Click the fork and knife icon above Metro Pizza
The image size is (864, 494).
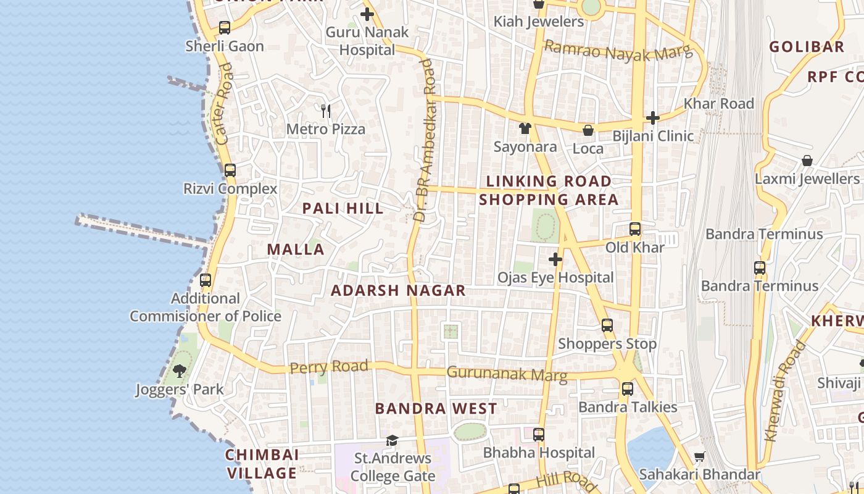click(326, 111)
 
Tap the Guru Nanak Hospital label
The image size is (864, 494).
click(367, 41)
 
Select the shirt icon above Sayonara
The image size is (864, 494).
click(525, 128)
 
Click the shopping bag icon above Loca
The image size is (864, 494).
click(588, 130)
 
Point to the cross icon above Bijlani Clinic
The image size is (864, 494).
click(653, 117)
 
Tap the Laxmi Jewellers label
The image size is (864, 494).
click(807, 179)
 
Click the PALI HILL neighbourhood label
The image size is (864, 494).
click(343, 209)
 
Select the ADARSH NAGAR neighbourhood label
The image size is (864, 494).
click(398, 290)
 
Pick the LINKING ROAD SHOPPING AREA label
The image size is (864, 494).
click(549, 190)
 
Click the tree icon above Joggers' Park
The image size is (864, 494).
click(180, 371)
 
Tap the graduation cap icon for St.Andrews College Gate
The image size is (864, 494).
click(392, 440)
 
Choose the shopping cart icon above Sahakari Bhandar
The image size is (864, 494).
click(699, 457)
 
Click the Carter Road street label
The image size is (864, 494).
click(225, 103)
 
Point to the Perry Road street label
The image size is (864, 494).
click(329, 367)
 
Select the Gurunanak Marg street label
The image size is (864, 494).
click(507, 374)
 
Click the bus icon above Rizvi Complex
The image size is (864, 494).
click(230, 170)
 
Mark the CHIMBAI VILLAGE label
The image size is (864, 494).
click(262, 464)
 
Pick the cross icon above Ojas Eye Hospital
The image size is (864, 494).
click(555, 259)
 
